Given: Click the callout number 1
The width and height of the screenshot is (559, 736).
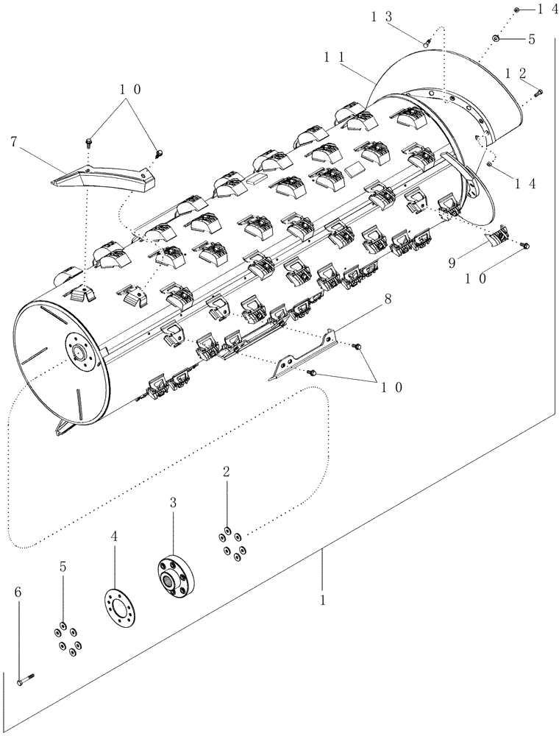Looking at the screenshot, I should tap(321, 601).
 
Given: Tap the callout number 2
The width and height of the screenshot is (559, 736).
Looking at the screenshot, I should tap(227, 472).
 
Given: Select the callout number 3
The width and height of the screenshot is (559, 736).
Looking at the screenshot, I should tap(173, 503).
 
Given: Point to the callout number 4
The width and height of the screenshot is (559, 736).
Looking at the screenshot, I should tap(114, 538).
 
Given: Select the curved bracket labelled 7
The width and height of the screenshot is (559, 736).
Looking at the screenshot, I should tap(110, 174).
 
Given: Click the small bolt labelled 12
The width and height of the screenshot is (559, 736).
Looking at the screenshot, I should tap(538, 92).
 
